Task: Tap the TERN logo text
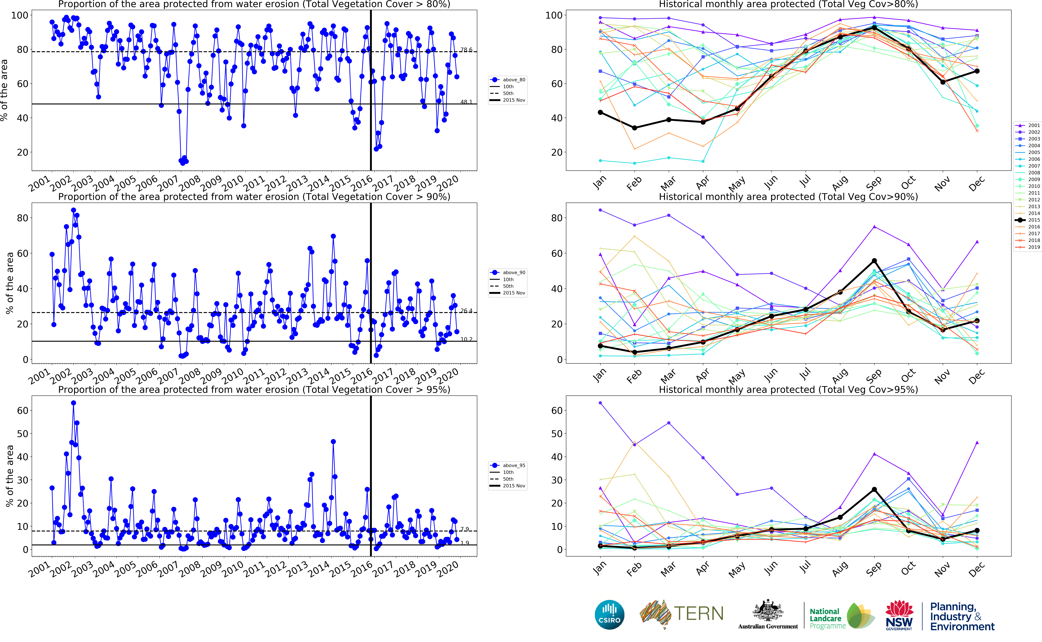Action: (698, 614)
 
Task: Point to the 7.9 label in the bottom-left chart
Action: (465, 529)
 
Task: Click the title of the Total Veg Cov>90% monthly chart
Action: (788, 197)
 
